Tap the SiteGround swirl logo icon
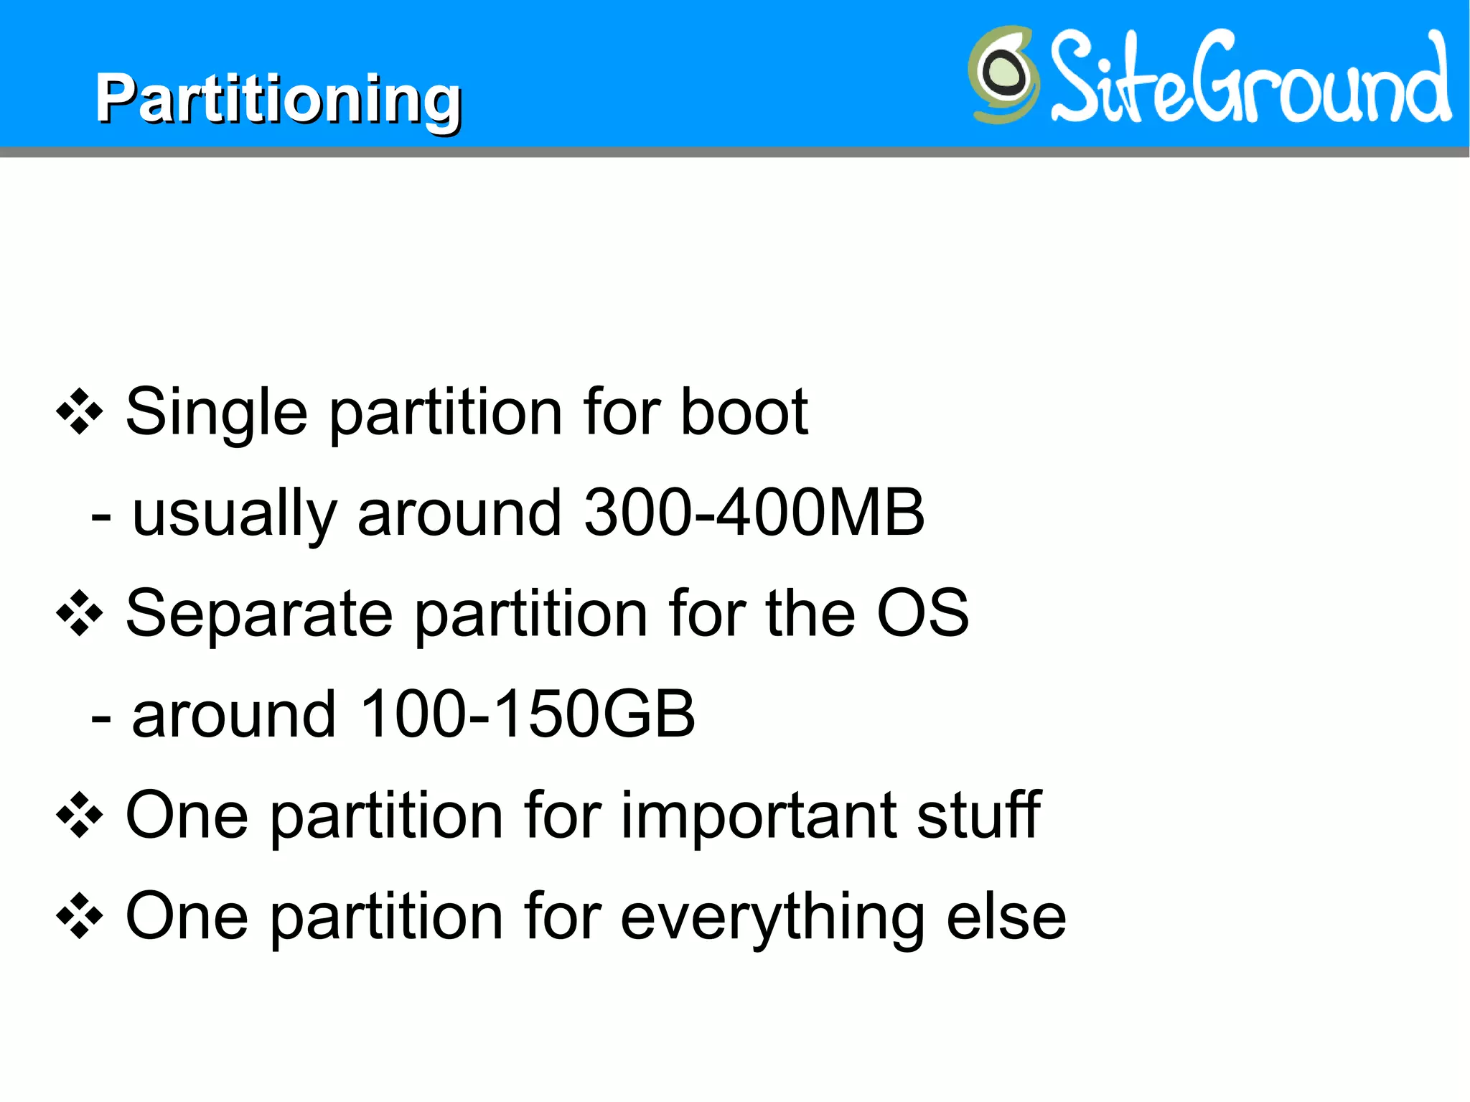pyautogui.click(x=1003, y=74)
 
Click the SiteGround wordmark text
pyautogui.click(x=1250, y=78)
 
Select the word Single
pyautogui.click(x=216, y=413)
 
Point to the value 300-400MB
pyautogui.click(x=754, y=513)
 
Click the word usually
pyautogui.click(x=235, y=514)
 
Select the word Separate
pyautogui.click(x=259, y=615)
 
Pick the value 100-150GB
pyautogui.click(x=528, y=714)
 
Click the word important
pyautogui.click(x=757, y=816)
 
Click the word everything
pyautogui.click(x=772, y=918)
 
